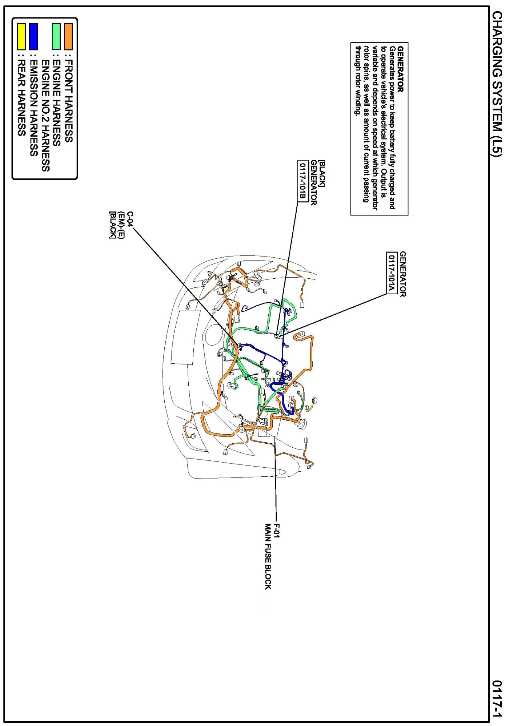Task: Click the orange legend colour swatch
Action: point(68,36)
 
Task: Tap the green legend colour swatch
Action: point(56,36)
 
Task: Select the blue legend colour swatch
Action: point(33,36)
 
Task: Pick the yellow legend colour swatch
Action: point(21,36)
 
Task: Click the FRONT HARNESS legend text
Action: point(68,101)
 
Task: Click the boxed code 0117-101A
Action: point(391,273)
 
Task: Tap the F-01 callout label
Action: point(277,531)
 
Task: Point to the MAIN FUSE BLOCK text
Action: point(268,556)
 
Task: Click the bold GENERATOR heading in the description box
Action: point(401,69)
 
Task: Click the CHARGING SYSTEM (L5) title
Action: point(497,84)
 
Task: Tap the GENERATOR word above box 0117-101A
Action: point(402,274)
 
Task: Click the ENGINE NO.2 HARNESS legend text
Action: point(45,116)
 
